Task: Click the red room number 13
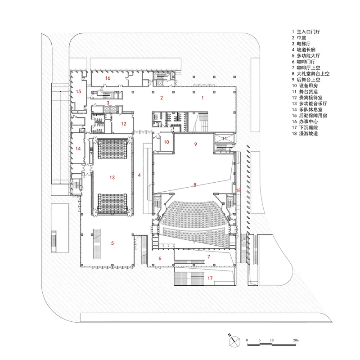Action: [x=112, y=177]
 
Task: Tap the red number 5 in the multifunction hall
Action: [x=112, y=243]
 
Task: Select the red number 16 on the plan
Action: [x=108, y=78]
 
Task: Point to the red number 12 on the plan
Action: [x=124, y=124]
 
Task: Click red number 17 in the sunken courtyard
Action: [x=210, y=278]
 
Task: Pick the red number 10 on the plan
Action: [x=166, y=142]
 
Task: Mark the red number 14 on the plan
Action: [x=78, y=149]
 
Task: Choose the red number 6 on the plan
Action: [x=160, y=258]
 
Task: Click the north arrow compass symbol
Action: [x=234, y=341]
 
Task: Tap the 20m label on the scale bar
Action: [x=296, y=340]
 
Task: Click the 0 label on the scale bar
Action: [x=247, y=340]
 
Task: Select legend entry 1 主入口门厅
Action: [x=306, y=32]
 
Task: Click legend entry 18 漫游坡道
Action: [x=305, y=134]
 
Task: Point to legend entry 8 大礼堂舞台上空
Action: [x=310, y=74]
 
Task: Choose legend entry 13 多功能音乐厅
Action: [x=310, y=104]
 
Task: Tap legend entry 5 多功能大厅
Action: [x=306, y=56]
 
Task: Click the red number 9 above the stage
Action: [x=196, y=144]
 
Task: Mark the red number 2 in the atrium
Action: [x=162, y=98]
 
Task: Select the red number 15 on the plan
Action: [x=78, y=92]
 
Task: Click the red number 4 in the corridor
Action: [x=139, y=175]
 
